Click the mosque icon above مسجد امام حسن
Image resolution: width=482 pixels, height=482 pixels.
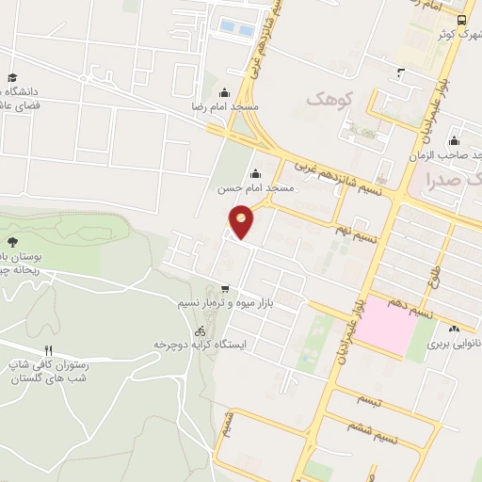point(255,173)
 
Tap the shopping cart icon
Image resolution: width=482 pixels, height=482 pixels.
point(223,289)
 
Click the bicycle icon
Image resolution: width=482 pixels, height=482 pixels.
point(199,330)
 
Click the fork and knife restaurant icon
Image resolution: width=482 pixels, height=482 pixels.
point(49,351)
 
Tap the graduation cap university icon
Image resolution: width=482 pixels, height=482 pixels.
point(11,78)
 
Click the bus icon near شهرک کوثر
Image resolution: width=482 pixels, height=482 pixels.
point(461,20)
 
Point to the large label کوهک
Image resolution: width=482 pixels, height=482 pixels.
point(327,98)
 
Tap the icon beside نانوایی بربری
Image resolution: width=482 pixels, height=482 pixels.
point(456,329)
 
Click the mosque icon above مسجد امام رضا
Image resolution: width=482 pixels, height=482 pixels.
point(224,92)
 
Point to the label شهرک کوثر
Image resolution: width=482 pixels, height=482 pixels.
point(458,35)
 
